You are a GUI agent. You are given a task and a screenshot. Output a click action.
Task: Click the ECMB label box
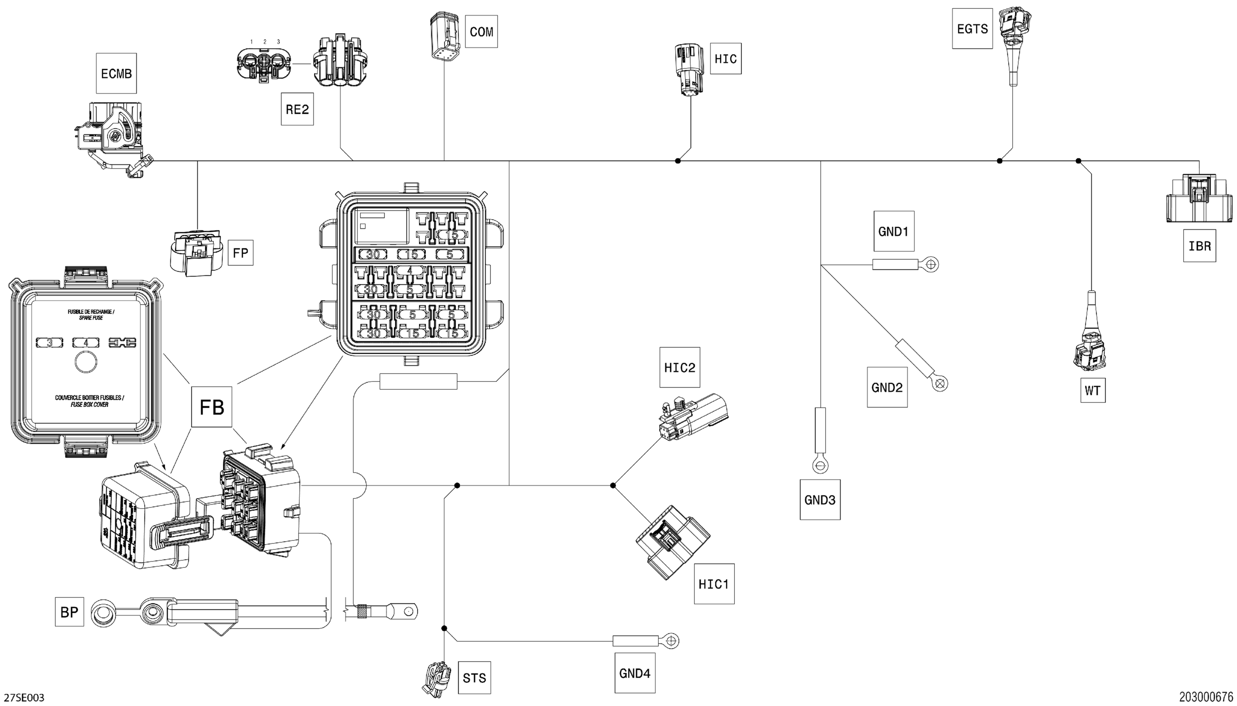tap(116, 73)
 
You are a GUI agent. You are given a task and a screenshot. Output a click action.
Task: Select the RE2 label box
tap(297, 109)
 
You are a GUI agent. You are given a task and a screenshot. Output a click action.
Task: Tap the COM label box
tap(481, 32)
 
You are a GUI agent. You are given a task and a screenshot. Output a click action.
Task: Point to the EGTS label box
tap(972, 29)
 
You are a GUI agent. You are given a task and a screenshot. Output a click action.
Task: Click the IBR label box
tap(1199, 246)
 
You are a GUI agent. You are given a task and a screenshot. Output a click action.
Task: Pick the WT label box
tap(1093, 390)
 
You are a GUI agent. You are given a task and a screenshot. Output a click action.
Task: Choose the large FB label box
tap(212, 407)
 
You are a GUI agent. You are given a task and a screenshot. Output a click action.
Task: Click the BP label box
tap(69, 612)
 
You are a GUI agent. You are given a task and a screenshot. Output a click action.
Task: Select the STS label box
tap(474, 677)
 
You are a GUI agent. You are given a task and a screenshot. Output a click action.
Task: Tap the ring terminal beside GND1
tap(931, 264)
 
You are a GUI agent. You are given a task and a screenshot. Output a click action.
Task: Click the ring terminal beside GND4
tap(671, 640)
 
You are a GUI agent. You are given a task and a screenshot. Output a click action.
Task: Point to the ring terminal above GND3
tap(820, 466)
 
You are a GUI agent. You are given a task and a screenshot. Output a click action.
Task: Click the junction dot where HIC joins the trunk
tap(677, 160)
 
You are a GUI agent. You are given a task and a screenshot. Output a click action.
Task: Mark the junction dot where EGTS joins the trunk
tap(999, 160)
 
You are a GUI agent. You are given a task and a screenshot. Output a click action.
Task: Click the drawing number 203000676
tap(1205, 697)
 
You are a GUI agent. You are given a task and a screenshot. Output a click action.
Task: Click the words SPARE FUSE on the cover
tap(91, 318)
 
